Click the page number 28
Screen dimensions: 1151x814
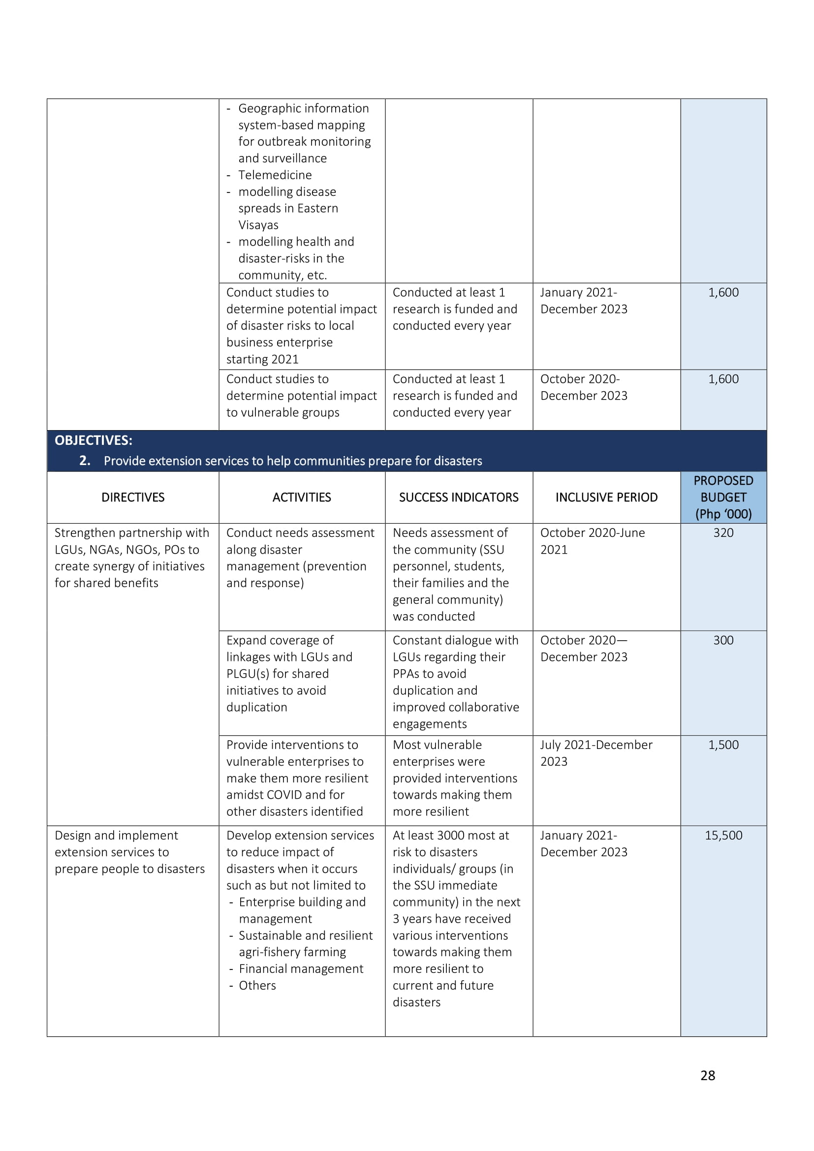coord(707,1075)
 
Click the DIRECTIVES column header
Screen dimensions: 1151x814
coord(133,498)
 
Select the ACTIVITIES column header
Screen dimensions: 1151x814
coord(302,498)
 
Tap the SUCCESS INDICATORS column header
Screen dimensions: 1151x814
coord(459,498)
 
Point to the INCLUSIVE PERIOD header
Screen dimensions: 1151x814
coord(606,498)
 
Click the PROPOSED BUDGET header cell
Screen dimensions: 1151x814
coord(723,498)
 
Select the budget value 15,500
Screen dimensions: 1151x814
coord(723,836)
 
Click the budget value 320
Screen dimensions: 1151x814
coord(723,533)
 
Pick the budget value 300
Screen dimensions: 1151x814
coord(723,640)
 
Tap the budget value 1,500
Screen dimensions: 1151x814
coord(723,745)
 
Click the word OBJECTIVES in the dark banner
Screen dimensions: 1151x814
coord(93,440)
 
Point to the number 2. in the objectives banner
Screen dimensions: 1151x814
coord(85,461)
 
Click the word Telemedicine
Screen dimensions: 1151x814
coord(275,175)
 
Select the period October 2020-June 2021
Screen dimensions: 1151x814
coord(592,541)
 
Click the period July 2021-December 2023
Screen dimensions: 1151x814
coord(596,753)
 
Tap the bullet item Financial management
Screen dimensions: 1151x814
coord(301,969)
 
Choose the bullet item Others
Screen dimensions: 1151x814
coord(257,986)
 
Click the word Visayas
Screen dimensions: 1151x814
coord(258,225)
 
